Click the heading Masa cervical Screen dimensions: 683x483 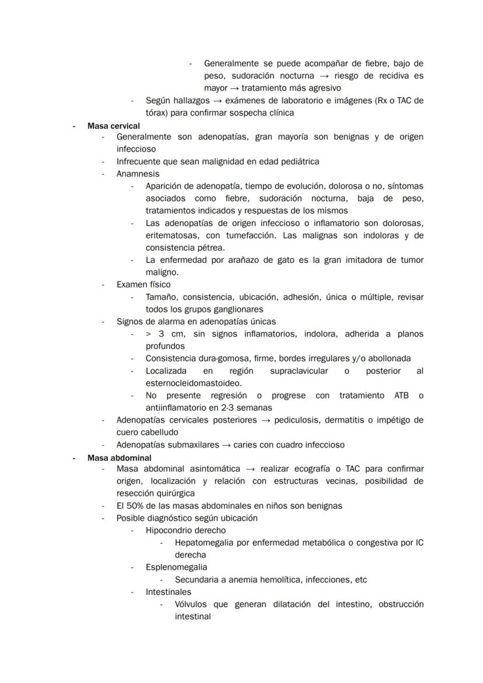(113, 126)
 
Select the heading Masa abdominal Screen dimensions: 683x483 (119, 457)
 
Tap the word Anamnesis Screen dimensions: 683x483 (138, 174)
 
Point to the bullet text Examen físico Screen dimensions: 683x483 (143, 285)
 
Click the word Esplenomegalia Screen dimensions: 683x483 (176, 567)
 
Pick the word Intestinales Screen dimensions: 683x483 (168, 592)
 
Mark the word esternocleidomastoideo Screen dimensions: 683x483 (193, 383)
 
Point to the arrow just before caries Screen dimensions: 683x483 (226, 445)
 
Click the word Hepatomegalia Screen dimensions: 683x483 (204, 543)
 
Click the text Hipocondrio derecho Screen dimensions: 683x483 (185, 531)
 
